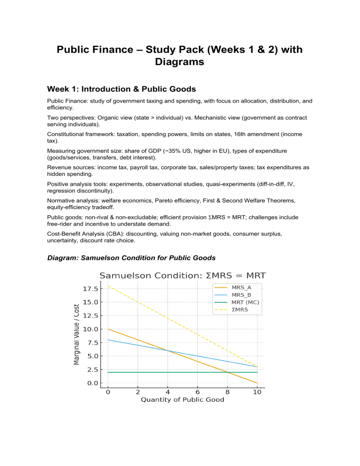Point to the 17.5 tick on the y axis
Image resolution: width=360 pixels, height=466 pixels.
coord(90,288)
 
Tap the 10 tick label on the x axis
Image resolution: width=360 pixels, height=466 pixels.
coord(257,391)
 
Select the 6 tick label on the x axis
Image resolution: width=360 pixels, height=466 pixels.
coord(197,391)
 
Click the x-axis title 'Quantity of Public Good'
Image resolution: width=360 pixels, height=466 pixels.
coord(183,400)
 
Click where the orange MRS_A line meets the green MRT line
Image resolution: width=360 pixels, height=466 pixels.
coord(227,372)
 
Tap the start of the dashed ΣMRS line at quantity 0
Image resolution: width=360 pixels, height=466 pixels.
coord(108,286)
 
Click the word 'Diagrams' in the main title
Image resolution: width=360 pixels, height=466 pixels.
coord(180,61)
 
